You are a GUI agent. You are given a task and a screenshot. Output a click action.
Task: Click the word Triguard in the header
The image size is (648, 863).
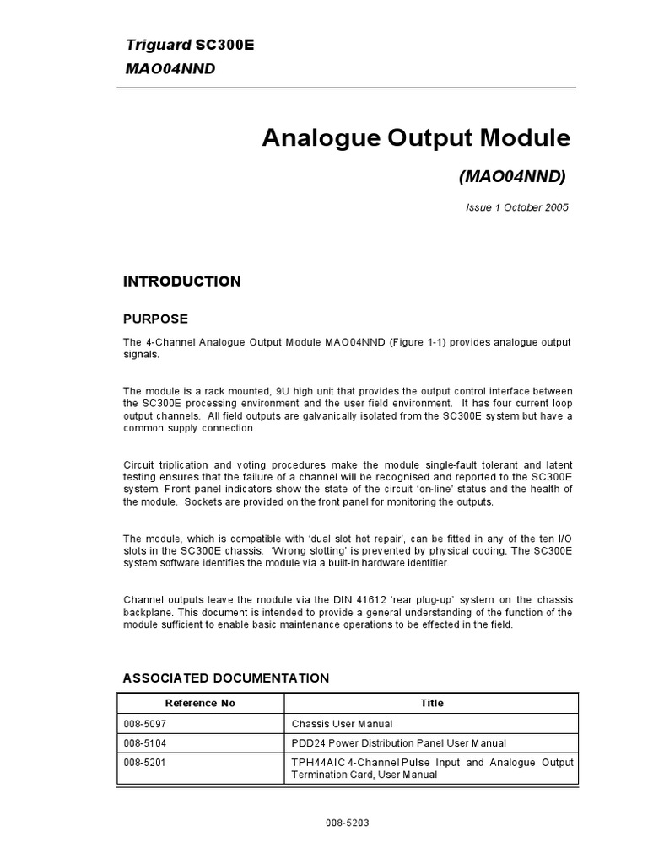pos(150,46)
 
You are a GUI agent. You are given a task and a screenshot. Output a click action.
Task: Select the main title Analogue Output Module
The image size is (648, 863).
pos(416,137)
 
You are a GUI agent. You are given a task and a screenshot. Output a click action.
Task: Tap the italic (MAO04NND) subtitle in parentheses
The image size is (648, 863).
pos(512,176)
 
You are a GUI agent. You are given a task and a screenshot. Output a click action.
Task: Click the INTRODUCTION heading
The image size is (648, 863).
pos(181,281)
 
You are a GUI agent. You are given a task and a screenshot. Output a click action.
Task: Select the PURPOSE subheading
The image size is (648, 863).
pos(155,319)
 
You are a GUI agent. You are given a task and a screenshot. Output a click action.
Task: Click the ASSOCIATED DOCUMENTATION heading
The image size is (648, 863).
pos(226,678)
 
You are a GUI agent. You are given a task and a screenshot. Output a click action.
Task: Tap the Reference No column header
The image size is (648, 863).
pos(200,703)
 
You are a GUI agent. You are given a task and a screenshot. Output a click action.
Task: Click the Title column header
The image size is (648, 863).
pos(431,703)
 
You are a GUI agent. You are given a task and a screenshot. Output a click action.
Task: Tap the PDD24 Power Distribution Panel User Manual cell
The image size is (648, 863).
pos(398,742)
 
